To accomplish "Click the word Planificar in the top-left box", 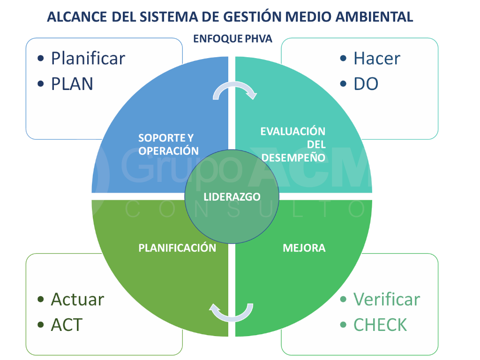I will [x=88, y=59].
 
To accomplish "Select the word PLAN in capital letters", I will [x=72, y=84].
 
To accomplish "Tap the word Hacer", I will [x=376, y=59].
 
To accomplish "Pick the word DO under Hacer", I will [x=366, y=84].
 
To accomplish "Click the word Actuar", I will [x=77, y=299].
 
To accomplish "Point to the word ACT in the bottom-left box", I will [x=67, y=325].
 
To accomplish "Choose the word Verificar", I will [x=386, y=299].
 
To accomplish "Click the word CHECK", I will [x=380, y=325].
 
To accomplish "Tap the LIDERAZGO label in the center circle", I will [x=232, y=197].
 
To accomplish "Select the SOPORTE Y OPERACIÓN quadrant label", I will [x=166, y=144].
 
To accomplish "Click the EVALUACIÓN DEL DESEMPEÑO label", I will [x=293, y=144].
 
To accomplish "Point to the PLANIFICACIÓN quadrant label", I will [x=177, y=248].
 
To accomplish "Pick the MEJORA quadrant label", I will [x=304, y=248].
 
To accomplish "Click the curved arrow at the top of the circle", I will [x=234, y=90].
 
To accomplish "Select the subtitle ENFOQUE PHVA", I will [x=232, y=39].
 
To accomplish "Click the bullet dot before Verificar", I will [x=344, y=299].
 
